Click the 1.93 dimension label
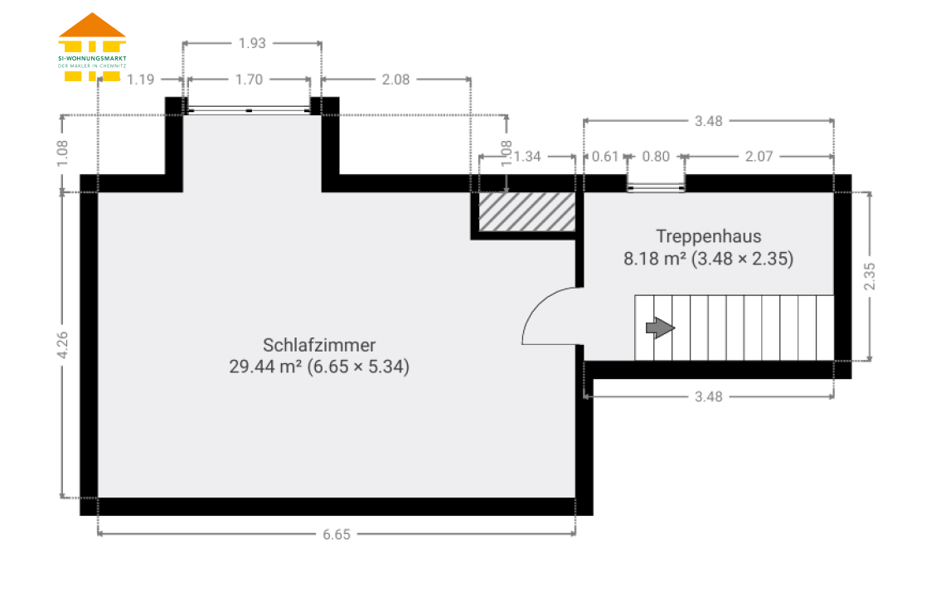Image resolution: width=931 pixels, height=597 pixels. point(252,43)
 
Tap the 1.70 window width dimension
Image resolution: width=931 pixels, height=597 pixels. point(249,80)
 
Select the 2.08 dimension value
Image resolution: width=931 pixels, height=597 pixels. point(396,80)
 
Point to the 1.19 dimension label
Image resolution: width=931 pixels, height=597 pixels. point(141,80)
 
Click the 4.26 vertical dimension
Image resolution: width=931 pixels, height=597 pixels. point(62,345)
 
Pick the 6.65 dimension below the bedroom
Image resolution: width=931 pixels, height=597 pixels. point(337,535)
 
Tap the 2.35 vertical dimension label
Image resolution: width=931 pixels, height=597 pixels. point(870,276)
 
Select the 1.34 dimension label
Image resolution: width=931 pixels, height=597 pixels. point(527,157)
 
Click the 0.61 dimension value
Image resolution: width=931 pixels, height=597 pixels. point(606,157)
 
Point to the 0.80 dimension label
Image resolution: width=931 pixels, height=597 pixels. point(656,157)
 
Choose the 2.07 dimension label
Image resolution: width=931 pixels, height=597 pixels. point(759,157)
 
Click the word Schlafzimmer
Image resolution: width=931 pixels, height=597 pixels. point(319,345)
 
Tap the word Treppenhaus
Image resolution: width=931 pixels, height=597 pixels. point(709,236)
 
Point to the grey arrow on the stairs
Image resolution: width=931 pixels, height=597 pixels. point(660,328)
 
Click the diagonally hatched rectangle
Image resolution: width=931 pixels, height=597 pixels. point(527,211)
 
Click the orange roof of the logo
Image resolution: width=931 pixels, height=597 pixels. point(92,27)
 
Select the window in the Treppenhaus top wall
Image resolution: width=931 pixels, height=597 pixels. point(656,188)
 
